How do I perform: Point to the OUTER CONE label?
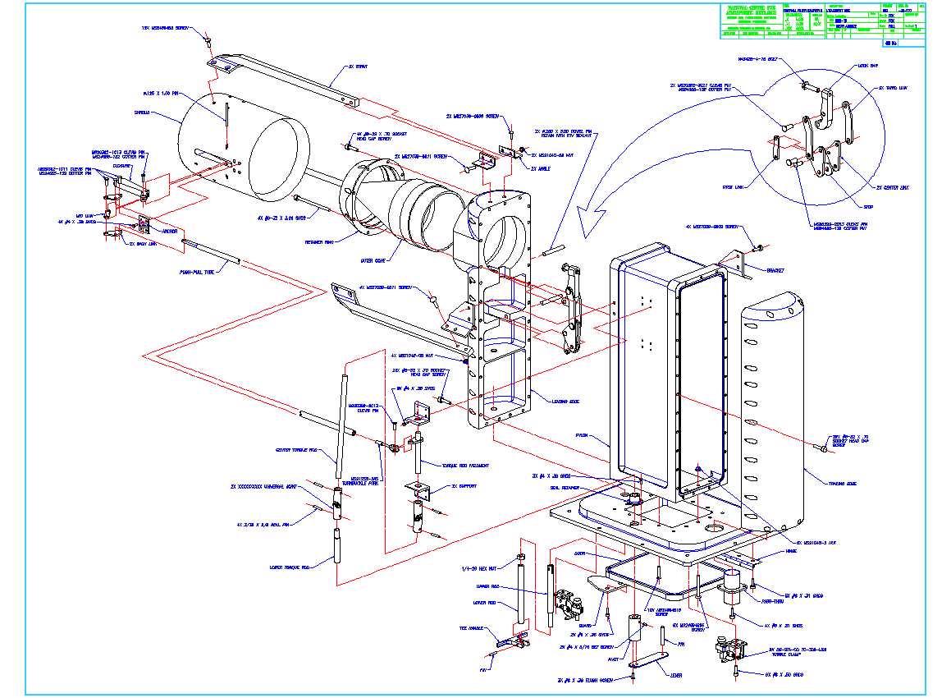(x=373, y=259)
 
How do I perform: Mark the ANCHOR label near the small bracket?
(x=170, y=231)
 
